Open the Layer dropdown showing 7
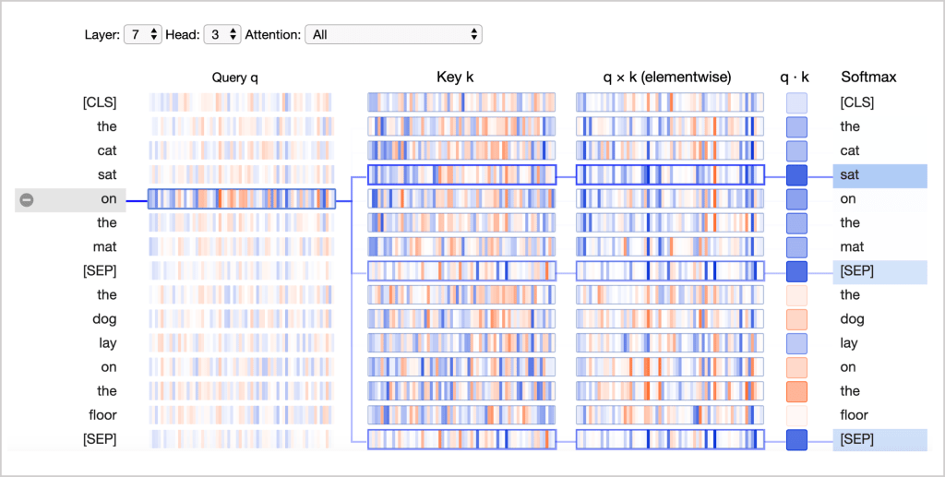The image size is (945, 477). pos(143,34)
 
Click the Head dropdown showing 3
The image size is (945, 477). pos(221,34)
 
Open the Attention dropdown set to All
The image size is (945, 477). pos(393,34)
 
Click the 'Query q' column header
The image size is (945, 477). pos(242,78)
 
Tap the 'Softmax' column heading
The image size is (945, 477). pos(868,78)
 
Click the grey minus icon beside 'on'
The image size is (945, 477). pos(27,199)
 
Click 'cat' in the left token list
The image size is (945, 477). pos(105,150)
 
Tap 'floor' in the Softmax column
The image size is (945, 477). pos(855,414)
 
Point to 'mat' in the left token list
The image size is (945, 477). pos(104,246)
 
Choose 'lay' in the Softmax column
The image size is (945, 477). pos(849,342)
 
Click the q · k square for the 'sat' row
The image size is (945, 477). pos(796,174)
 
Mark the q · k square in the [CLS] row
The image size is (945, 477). pos(796,102)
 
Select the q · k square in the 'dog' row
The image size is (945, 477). pos(796,318)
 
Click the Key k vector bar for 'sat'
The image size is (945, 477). pos(461,174)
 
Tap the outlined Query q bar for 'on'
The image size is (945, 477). pos(242,198)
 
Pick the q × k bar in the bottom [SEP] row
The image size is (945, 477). pos(670,438)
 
